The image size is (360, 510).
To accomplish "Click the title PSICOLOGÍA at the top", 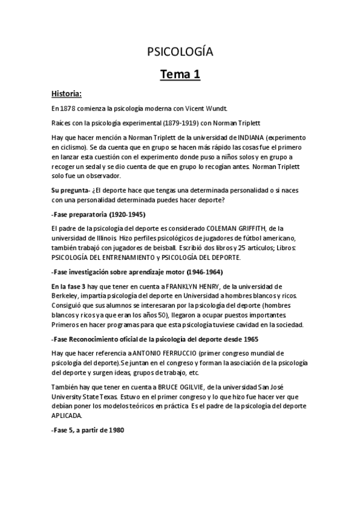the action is (180, 52).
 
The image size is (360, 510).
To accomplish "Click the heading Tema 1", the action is (180, 75).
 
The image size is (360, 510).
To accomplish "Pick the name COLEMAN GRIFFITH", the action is (227, 229).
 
